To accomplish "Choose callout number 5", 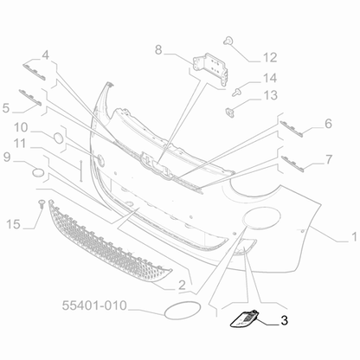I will coord(7,109).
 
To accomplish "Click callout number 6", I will coord(329,124).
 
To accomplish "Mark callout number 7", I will coord(329,158).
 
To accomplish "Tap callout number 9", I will coord(7,157).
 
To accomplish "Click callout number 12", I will coord(270,58).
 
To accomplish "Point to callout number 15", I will coord(11,225).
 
